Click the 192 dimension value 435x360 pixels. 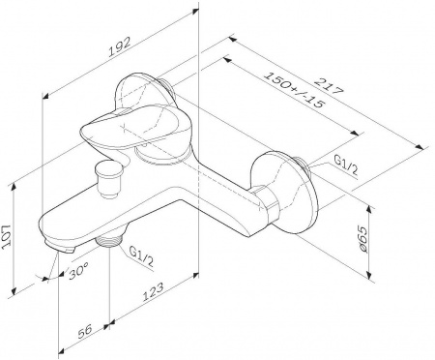[120, 47]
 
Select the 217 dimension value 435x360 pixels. [328, 86]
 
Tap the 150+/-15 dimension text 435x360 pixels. [294, 90]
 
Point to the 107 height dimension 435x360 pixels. [7, 237]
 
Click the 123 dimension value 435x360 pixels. [154, 291]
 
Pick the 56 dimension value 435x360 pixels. [84, 331]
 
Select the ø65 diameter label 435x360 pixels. [363, 239]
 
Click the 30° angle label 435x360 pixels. [78, 270]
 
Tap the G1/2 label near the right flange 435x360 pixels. [346, 165]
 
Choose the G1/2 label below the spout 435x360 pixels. [141, 256]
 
